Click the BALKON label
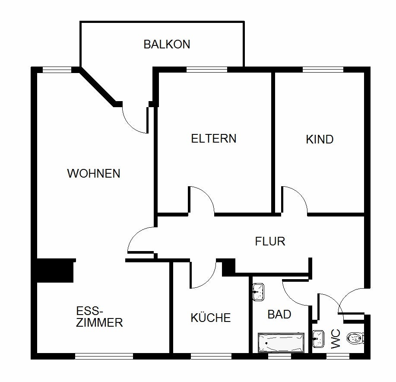point(167,45)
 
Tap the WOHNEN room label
point(94,174)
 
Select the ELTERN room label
point(214,139)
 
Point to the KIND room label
point(320,140)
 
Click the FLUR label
point(270,241)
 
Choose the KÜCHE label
point(211,318)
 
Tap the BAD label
point(279,314)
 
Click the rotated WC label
point(336,339)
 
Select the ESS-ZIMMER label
point(99,317)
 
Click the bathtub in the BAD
point(281,342)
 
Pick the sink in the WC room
point(319,338)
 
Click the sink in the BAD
point(258,292)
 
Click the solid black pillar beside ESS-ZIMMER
point(55,270)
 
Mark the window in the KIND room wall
point(323,69)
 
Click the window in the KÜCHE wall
point(211,357)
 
